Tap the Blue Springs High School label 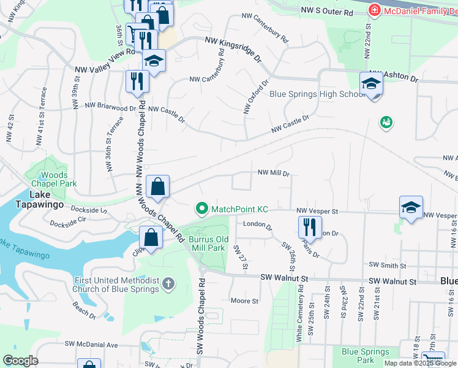tap(317, 94)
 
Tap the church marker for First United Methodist tap(170, 284)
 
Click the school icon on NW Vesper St tap(411, 208)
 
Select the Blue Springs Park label tap(365, 356)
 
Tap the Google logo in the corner tap(21, 360)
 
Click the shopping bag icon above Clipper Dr tap(151, 237)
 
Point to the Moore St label tap(244, 301)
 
